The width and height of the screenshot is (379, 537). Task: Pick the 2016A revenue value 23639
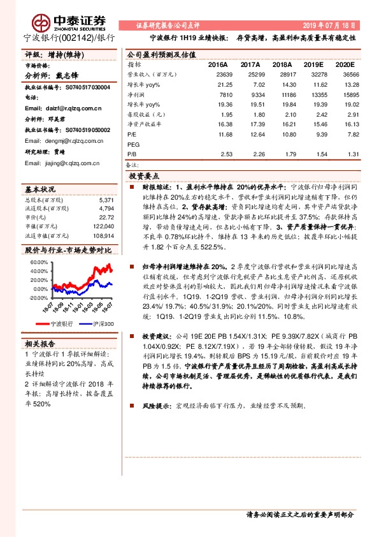click(x=218, y=75)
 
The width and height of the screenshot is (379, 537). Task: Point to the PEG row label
click(x=134, y=144)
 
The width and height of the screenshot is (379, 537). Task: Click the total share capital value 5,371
click(x=106, y=200)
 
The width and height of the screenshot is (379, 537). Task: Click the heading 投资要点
click(x=144, y=175)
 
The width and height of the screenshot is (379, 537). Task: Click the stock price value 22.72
click(x=106, y=217)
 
